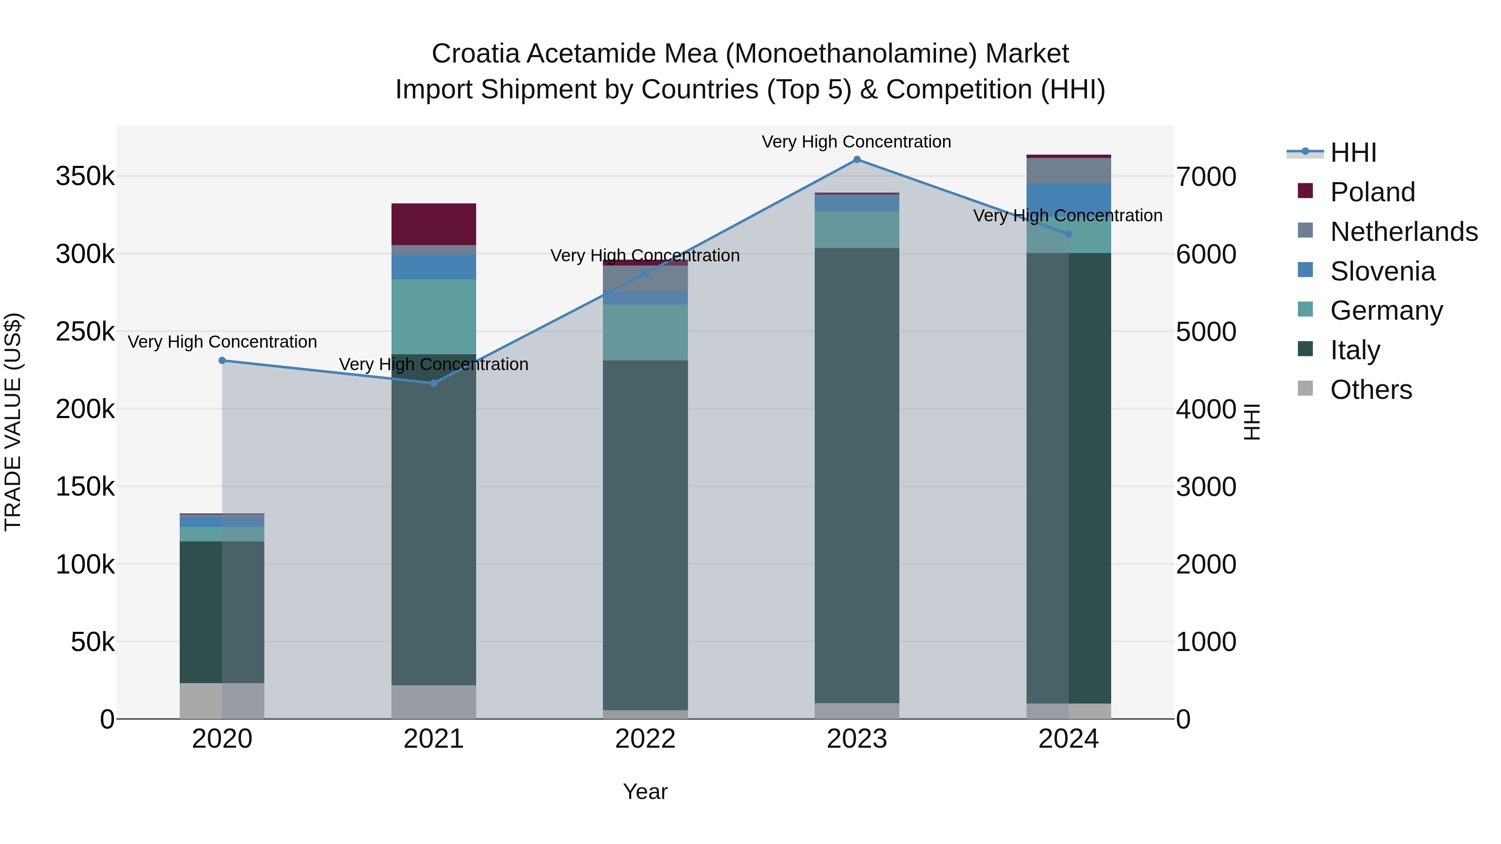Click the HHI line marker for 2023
click(856, 160)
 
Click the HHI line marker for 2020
click(222, 361)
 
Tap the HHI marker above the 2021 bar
click(434, 383)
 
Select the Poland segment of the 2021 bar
click(434, 224)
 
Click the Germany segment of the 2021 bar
click(434, 316)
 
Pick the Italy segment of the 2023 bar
click(856, 475)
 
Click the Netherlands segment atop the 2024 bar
click(1069, 170)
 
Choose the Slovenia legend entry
click(1382, 271)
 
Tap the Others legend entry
click(1370, 390)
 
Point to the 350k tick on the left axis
click(85, 176)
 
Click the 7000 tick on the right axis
click(1205, 176)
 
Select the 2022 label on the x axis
click(645, 739)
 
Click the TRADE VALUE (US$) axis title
click(13, 422)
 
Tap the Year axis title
click(645, 791)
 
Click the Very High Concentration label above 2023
click(856, 142)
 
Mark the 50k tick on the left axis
click(92, 642)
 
